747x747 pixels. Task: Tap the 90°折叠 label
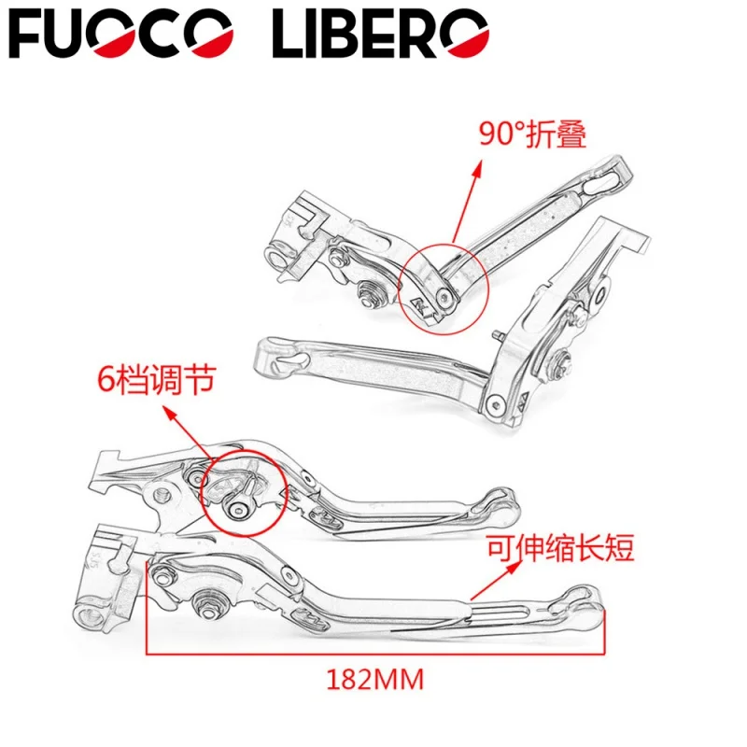(533, 135)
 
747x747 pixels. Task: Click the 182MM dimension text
(375, 680)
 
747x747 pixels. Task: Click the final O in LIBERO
(465, 35)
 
